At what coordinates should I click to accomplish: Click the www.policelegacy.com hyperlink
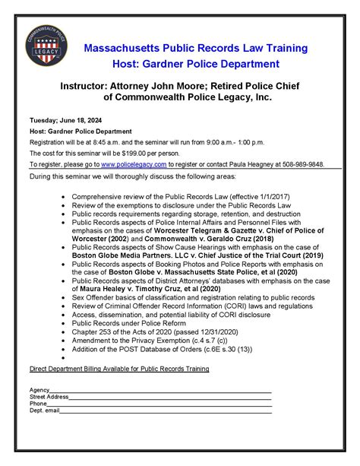tap(134, 163)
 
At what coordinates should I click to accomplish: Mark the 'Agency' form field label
tap(39, 390)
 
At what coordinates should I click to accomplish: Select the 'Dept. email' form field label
tap(44, 411)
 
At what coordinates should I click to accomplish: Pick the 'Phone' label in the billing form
tap(38, 404)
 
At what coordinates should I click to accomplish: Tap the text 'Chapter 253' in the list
tap(93, 331)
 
